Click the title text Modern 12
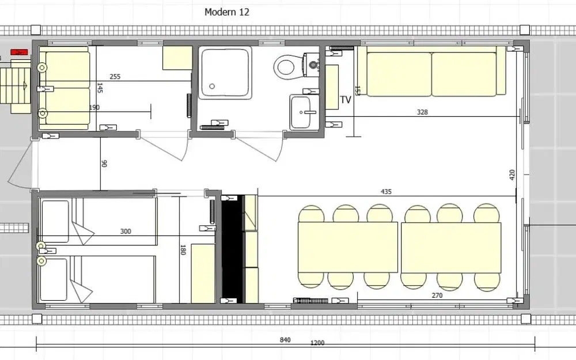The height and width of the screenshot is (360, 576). pos(226,12)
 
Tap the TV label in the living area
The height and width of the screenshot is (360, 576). pos(345,100)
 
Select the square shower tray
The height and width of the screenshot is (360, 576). pos(225,72)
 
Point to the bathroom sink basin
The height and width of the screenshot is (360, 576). pos(305,112)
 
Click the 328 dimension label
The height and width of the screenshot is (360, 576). pos(422,112)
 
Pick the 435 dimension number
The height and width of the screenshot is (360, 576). pos(386,191)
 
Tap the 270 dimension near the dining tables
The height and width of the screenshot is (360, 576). pos(437,295)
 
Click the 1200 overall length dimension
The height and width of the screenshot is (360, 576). pos(317,343)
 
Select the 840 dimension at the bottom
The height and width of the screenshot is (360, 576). pos(285,340)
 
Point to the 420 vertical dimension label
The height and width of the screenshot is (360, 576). pos(513,175)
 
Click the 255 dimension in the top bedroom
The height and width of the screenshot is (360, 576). pos(115,77)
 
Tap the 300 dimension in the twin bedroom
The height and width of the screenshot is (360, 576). pos(126,232)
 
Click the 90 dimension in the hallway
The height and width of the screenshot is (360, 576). pos(104,164)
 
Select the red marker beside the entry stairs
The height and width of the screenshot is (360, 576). pos(19,52)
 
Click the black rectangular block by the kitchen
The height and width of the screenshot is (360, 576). pos(232,249)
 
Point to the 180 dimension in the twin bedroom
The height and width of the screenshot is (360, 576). pos(183,250)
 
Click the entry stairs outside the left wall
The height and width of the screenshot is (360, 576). pos(15,86)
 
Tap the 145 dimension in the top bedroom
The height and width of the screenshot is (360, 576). pos(100,88)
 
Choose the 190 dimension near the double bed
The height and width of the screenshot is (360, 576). pos(94,108)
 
